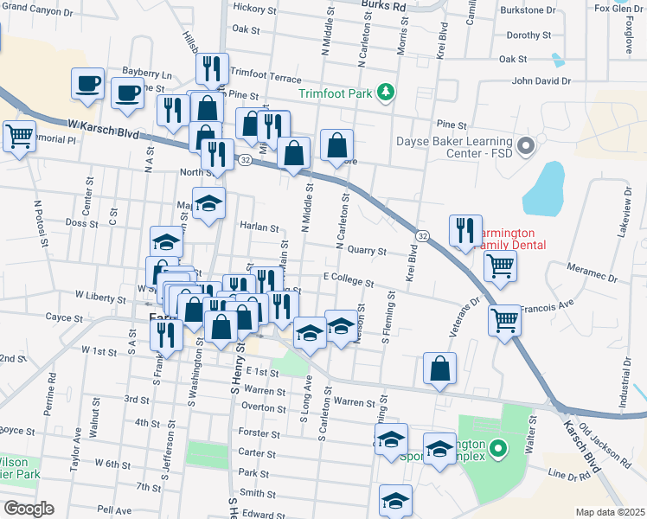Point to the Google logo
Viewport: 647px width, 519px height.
click(x=28, y=508)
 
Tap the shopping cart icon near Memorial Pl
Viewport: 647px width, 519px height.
click(x=19, y=136)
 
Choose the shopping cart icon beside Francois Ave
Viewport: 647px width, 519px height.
click(x=504, y=320)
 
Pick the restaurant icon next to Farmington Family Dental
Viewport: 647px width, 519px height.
click(x=465, y=230)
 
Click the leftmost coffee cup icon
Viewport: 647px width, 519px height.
click(x=88, y=84)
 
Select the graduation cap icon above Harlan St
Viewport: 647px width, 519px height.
click(x=208, y=204)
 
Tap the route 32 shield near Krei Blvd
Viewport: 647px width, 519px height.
click(x=421, y=236)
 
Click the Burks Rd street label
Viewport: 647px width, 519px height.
click(x=382, y=5)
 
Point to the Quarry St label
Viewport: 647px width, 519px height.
click(x=361, y=251)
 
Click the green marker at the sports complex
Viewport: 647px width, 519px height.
click(x=496, y=449)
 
